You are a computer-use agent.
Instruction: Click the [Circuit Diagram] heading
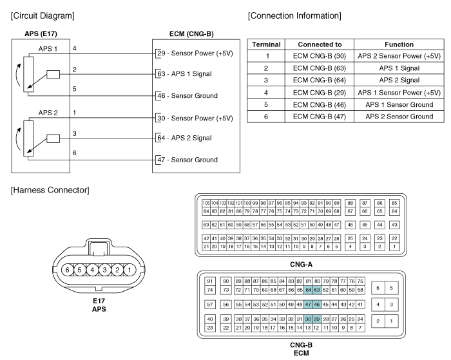(x=43, y=15)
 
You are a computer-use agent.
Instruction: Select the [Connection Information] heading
(x=294, y=15)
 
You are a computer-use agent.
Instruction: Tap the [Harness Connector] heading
(x=50, y=190)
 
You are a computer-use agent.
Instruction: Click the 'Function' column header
(x=399, y=44)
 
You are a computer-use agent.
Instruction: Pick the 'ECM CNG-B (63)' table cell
(x=320, y=68)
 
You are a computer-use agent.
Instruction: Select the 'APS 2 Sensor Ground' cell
(x=399, y=117)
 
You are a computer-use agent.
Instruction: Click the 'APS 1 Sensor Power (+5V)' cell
(x=399, y=93)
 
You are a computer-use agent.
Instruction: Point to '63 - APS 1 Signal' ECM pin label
(x=184, y=74)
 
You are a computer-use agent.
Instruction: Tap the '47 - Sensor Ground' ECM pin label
(x=187, y=160)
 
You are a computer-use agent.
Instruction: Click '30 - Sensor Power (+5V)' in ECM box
(x=195, y=118)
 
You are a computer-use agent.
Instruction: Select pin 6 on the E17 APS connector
(x=67, y=270)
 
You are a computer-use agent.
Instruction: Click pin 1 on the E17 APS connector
(x=130, y=270)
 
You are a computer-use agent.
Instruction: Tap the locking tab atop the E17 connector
(x=99, y=248)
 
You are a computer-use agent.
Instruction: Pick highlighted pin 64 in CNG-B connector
(x=309, y=290)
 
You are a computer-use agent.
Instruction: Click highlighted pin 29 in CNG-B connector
(x=317, y=319)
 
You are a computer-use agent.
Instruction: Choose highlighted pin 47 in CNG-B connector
(x=309, y=305)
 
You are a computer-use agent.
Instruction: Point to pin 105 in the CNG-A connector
(x=206, y=203)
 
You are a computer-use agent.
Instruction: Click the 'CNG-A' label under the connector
(x=301, y=264)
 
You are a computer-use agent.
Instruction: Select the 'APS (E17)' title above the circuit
(x=41, y=33)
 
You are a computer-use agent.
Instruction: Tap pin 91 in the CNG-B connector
(x=210, y=281)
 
